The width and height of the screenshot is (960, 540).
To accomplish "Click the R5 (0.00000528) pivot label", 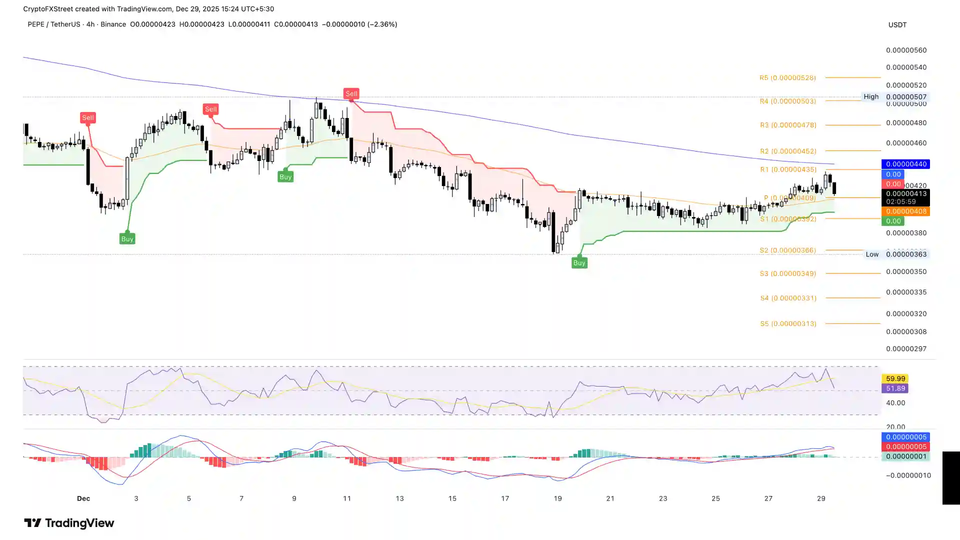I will tap(788, 78).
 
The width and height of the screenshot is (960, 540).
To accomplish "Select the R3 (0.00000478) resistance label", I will tap(788, 125).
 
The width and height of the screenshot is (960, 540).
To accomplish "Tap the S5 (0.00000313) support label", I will tap(788, 324).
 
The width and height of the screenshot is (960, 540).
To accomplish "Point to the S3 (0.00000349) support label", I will tap(788, 274).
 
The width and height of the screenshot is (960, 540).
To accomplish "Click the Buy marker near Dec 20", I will tap(579, 263).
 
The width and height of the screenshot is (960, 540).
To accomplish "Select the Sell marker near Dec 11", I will tap(351, 94).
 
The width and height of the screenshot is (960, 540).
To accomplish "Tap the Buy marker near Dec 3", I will tap(127, 239).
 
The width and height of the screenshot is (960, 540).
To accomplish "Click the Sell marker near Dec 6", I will tap(210, 109).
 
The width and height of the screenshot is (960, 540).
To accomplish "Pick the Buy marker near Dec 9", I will tap(285, 177).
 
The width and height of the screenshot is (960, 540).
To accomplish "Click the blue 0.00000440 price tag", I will tap(905, 164).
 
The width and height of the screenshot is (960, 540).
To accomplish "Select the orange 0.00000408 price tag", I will tap(905, 211).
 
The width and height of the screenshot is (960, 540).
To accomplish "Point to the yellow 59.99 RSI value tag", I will tap(895, 379).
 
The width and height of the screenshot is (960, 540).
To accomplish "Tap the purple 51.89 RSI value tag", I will tap(895, 388).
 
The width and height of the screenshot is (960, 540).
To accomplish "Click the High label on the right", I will tap(871, 97).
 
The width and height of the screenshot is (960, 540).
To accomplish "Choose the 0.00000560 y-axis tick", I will tap(906, 50).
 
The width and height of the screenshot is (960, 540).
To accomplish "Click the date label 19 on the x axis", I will tap(557, 498).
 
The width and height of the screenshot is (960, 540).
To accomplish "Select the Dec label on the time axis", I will tap(83, 498).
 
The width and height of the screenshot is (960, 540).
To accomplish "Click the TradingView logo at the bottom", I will tap(69, 523).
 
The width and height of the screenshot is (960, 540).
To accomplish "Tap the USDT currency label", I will tap(897, 25).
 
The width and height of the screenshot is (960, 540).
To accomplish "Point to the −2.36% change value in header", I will tap(382, 24).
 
